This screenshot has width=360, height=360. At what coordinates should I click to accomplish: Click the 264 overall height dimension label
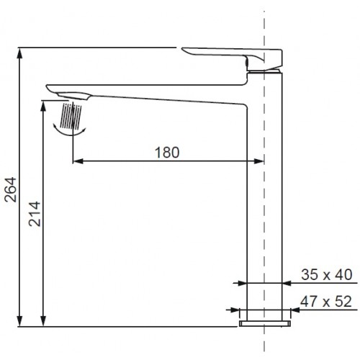[11, 189]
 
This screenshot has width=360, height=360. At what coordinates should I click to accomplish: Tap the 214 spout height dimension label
[35, 214]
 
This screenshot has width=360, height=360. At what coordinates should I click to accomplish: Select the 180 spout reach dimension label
[167, 152]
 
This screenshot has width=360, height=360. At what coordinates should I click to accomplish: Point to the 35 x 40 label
[326, 274]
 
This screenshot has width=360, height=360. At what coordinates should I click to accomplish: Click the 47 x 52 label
[326, 302]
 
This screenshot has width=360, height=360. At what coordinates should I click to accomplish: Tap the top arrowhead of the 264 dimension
[20, 53]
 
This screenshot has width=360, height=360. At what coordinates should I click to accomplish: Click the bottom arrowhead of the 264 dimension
[20, 321]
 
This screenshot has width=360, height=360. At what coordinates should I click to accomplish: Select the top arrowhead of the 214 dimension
[43, 106]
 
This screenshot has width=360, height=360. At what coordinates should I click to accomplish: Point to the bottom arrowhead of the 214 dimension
[43, 321]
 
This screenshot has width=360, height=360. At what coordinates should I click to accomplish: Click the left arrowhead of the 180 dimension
[78, 161]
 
